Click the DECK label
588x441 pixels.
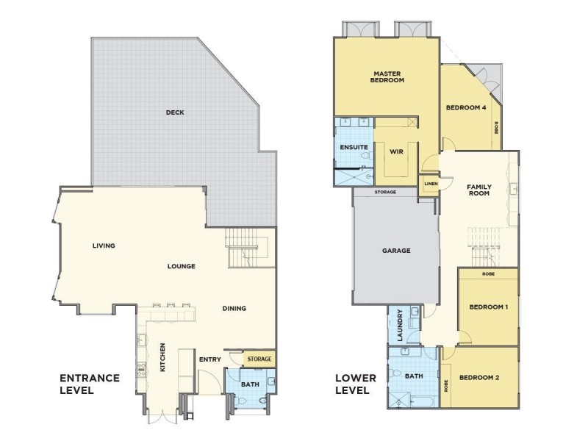click(x=175, y=112)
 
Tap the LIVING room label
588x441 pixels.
click(x=104, y=245)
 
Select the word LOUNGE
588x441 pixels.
click(x=181, y=266)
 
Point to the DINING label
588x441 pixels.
click(x=234, y=308)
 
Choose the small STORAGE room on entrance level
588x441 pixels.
click(x=259, y=359)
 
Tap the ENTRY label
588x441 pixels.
click(x=210, y=359)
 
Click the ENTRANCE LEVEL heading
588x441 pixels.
click(x=89, y=384)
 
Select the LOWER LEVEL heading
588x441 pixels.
click(x=355, y=384)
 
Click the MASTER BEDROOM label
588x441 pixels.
click(x=387, y=76)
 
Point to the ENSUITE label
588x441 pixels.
click(x=354, y=148)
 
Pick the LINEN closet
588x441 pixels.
click(x=429, y=184)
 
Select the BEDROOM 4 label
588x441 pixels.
click(x=466, y=107)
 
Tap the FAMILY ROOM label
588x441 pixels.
click(x=479, y=191)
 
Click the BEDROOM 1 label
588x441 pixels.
click(x=489, y=306)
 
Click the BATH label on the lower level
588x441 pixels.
click(x=414, y=376)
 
